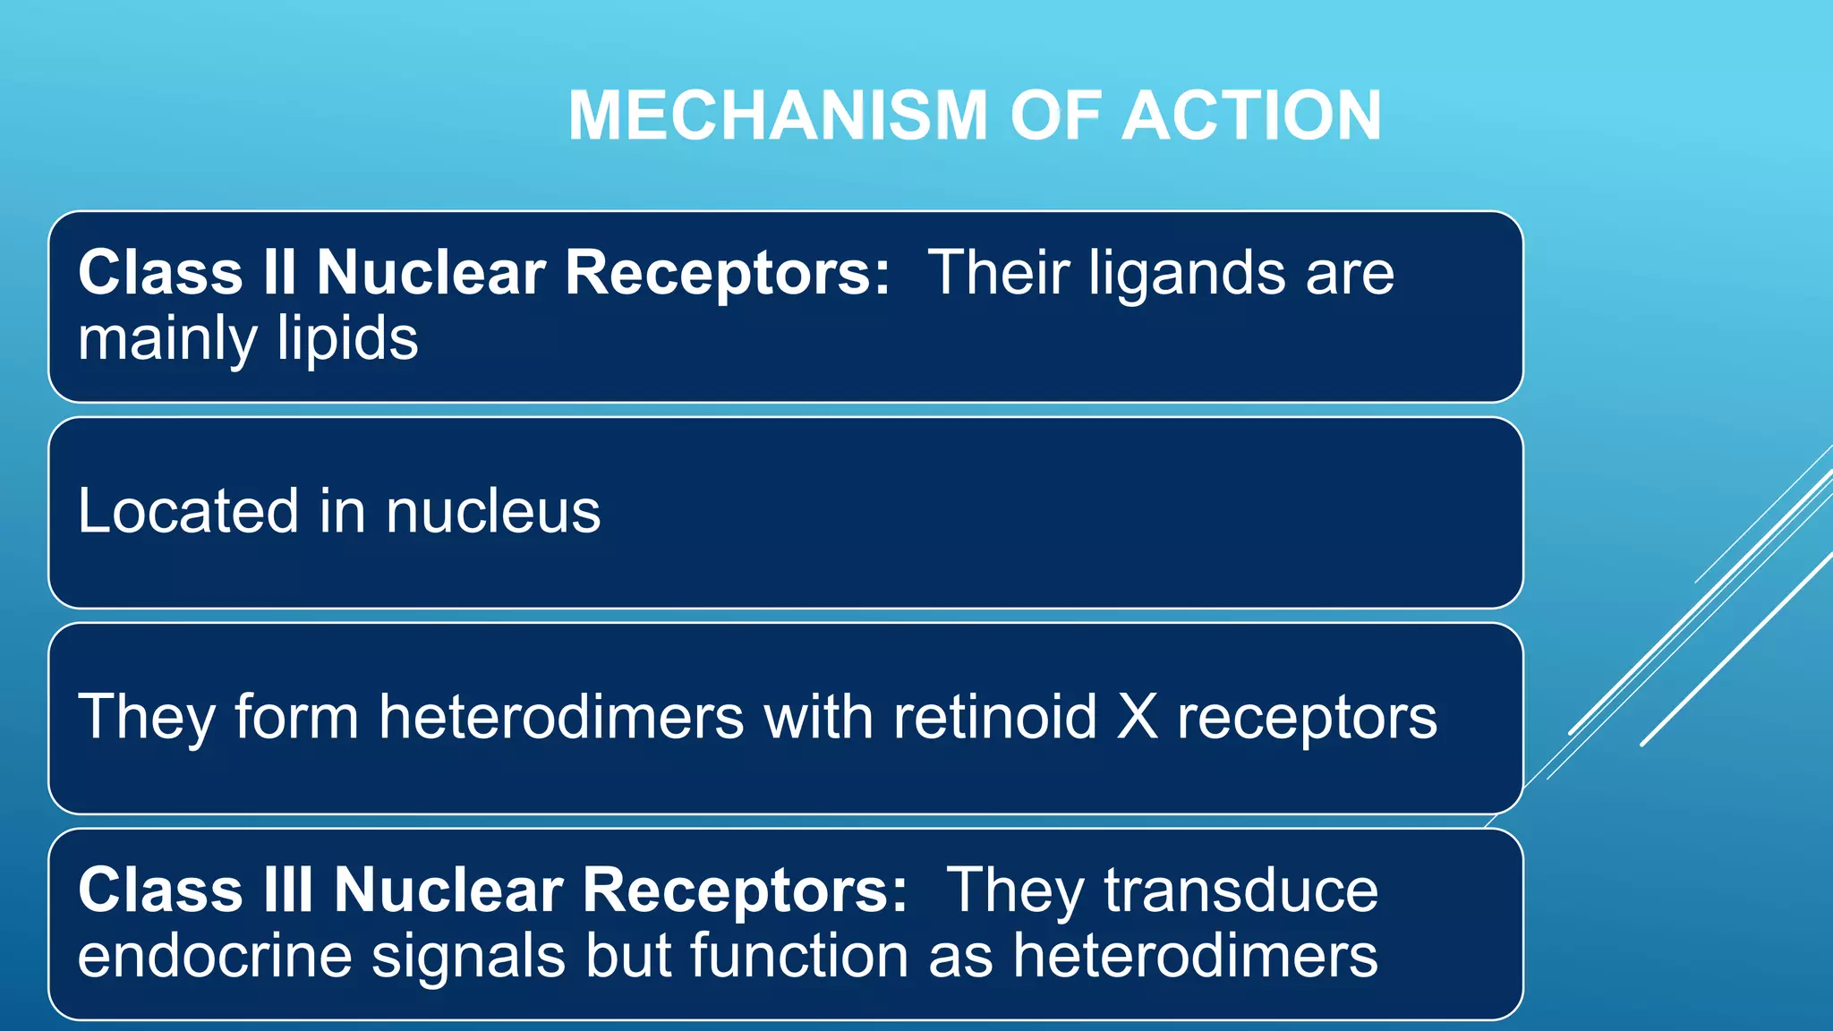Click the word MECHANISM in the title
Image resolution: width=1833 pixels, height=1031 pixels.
click(x=777, y=116)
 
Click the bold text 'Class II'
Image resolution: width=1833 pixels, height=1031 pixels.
click(x=187, y=272)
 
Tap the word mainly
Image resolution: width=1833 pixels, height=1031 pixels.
click(x=167, y=339)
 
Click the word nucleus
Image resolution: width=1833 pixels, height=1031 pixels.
click(x=493, y=513)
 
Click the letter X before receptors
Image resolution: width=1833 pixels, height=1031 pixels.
click(x=1138, y=717)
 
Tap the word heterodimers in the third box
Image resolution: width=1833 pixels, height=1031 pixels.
click(x=561, y=717)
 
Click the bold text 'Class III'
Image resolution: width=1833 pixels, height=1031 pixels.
click(x=196, y=890)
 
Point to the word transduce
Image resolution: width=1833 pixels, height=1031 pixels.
click(x=1240, y=890)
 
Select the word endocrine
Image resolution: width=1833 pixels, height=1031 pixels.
click(x=215, y=955)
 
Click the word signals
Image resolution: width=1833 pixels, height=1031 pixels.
click(x=468, y=957)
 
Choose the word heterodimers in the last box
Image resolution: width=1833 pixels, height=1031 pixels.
click(x=1195, y=955)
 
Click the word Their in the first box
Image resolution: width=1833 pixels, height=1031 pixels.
click(x=999, y=272)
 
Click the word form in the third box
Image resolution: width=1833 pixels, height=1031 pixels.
click(x=296, y=717)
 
